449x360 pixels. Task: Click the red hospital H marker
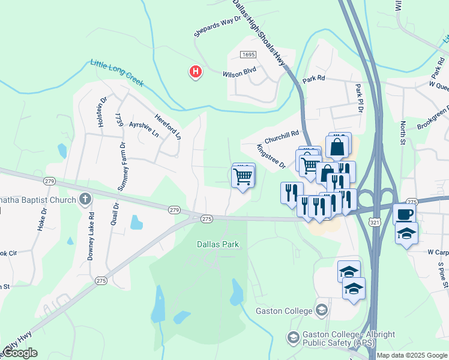point(195,72)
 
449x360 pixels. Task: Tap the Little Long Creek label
point(117,73)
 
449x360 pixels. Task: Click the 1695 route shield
point(248,55)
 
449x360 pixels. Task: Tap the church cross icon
point(85,199)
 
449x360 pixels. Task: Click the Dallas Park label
point(218,244)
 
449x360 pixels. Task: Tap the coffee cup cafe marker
point(404,214)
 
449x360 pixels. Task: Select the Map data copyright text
point(411,355)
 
